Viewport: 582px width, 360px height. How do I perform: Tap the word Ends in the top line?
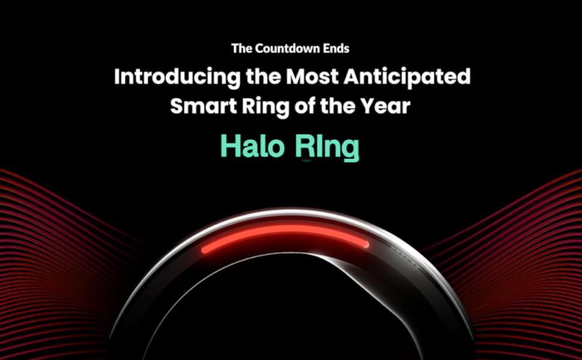pos(336,49)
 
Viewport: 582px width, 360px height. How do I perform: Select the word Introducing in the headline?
pos(177,77)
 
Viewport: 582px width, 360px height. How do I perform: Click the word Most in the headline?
pos(312,76)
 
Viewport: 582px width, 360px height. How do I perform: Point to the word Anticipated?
pos(407,77)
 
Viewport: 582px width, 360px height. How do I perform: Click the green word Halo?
pos(253,146)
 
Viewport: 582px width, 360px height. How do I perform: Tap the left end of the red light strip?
pos(204,250)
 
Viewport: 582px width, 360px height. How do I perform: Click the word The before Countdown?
pos(242,49)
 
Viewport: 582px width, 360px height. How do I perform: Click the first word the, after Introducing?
pos(263,77)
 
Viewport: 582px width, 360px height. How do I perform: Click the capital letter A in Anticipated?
pos(353,77)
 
